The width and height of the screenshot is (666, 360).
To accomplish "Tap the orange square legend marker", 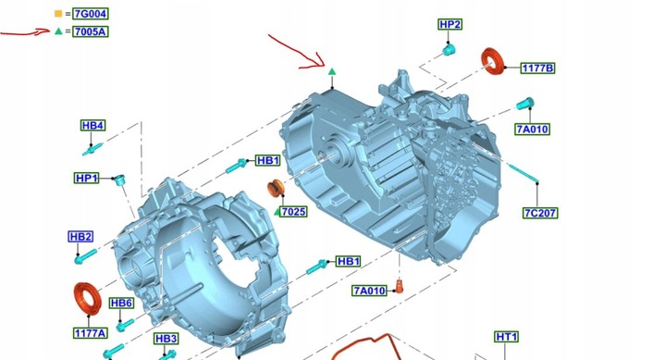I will tap(58, 14).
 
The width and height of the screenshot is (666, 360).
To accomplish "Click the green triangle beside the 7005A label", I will tap(58, 31).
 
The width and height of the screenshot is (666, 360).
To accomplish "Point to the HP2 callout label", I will tap(450, 24).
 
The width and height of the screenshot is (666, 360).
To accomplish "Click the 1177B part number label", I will tap(537, 68).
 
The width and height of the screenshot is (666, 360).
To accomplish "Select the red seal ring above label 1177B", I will tap(494, 62).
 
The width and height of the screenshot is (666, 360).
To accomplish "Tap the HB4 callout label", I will tap(92, 126).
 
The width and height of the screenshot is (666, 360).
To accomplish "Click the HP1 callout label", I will tap(87, 178).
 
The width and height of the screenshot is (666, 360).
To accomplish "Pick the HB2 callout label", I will tap(80, 236).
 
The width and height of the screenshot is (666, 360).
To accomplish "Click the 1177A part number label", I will tap(90, 332).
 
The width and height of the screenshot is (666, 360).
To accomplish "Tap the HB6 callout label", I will tap(121, 304).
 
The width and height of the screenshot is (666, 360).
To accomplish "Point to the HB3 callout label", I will tap(166, 339).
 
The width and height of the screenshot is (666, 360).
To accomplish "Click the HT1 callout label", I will tap(507, 337).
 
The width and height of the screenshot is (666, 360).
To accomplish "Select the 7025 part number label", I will tap(293, 212).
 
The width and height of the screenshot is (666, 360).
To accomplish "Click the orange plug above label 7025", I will tap(275, 191).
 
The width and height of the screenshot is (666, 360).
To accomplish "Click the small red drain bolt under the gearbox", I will tap(401, 284).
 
